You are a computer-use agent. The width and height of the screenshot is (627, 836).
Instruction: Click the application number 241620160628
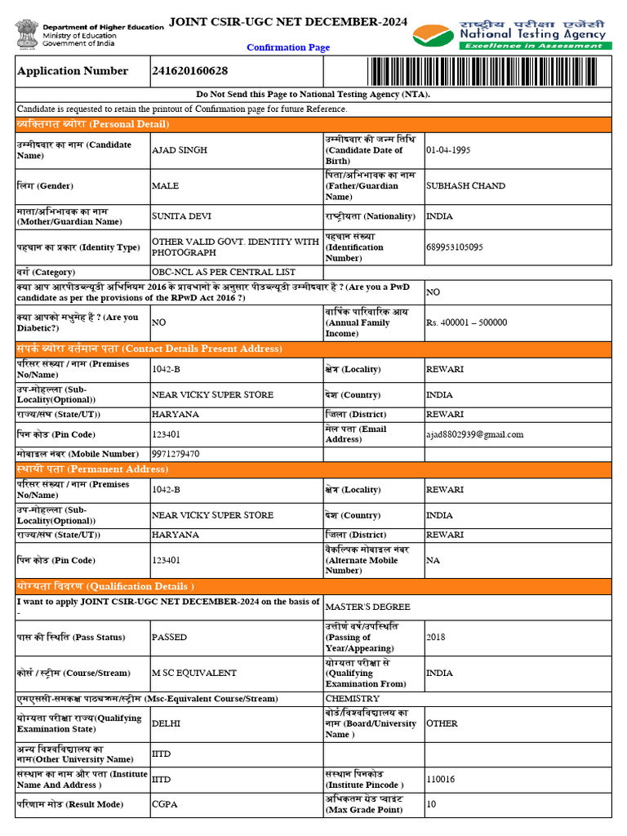coord(189,71)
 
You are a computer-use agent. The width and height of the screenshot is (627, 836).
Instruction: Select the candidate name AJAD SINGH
coord(180,150)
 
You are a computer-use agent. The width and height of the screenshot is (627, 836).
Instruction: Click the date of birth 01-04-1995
coord(448,150)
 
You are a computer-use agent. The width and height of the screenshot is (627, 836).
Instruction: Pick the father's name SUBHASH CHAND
coord(465,185)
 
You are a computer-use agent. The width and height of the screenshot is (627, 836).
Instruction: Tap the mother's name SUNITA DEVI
coord(181,216)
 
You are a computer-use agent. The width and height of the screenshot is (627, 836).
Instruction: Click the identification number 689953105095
coord(454,247)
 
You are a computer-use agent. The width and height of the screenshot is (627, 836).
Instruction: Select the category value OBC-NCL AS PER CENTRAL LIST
coord(224,272)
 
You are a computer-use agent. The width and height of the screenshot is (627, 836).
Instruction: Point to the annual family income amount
coord(466,322)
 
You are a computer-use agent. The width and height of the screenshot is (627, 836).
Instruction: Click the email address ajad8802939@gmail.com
coord(474,434)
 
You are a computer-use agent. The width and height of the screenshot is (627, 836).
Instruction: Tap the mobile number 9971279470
coord(176,454)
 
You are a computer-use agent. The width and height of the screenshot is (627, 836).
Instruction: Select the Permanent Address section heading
coord(92,469)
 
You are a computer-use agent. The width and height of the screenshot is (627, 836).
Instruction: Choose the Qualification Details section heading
coord(105,586)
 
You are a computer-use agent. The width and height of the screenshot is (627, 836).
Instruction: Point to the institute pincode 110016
coord(441,780)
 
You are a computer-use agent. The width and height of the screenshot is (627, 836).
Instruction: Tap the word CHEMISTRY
coord(352,699)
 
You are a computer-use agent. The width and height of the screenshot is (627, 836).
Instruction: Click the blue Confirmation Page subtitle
coord(288,47)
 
